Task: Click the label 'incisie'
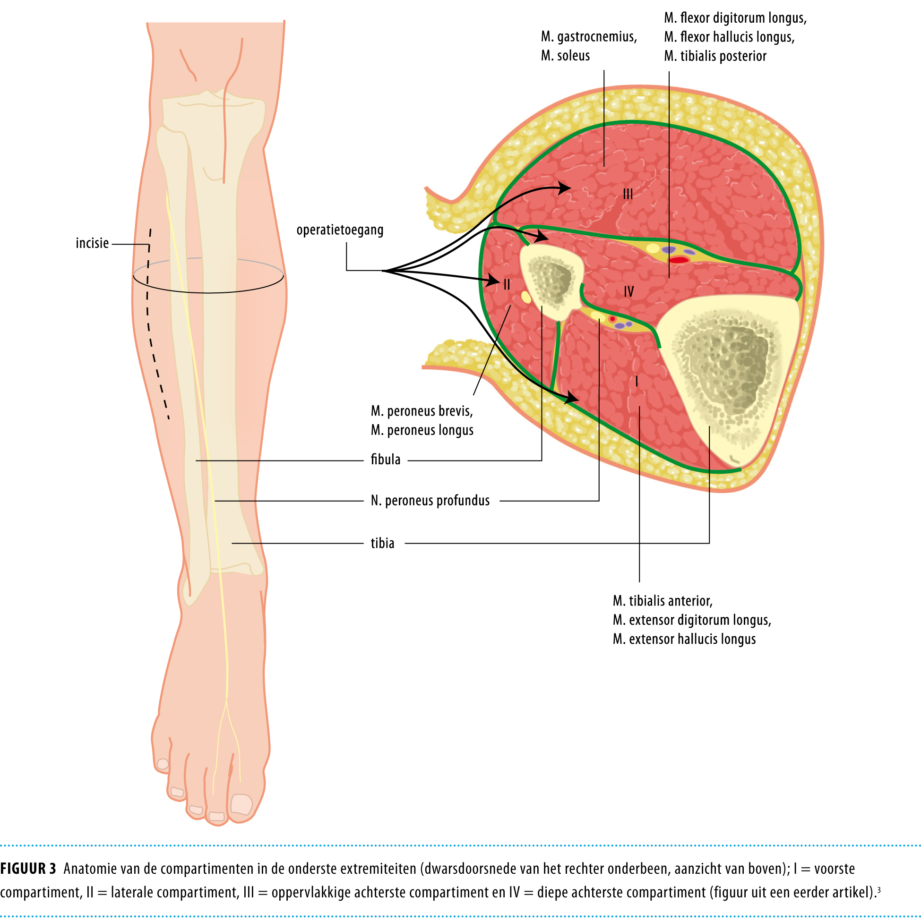pyautogui.click(x=92, y=243)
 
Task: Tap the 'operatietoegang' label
pyautogui.click(x=340, y=230)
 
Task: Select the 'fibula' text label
pyautogui.click(x=386, y=460)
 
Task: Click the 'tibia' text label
pyautogui.click(x=382, y=544)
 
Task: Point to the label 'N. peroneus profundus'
pyautogui.click(x=430, y=501)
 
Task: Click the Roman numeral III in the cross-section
pyautogui.click(x=628, y=194)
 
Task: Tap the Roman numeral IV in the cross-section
pyautogui.click(x=628, y=292)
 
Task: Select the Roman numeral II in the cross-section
pyautogui.click(x=507, y=285)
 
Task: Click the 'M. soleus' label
pyautogui.click(x=565, y=56)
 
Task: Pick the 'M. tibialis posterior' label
pyautogui.click(x=715, y=56)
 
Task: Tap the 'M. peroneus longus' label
pyautogui.click(x=422, y=430)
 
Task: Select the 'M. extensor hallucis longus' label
pyautogui.click(x=684, y=639)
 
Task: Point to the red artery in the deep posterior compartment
pyautogui.click(x=678, y=260)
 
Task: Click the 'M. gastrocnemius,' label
pyautogui.click(x=589, y=37)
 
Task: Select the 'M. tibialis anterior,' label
pyautogui.click(x=663, y=601)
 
